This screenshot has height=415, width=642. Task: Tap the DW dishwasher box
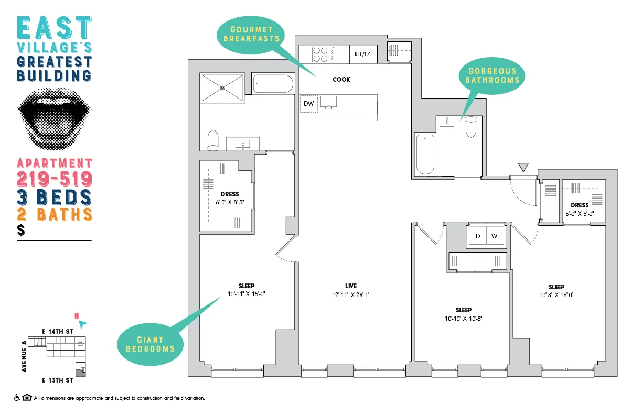pos(308,104)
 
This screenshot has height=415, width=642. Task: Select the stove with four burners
pos(324,54)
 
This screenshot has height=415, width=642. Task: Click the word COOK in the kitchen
pos(341,80)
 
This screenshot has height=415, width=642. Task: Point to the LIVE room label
pos(351,286)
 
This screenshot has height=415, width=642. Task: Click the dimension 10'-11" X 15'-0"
pos(246,294)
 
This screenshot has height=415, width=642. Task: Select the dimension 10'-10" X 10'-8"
pos(463,318)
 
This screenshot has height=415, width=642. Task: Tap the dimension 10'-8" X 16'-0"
pos(557,294)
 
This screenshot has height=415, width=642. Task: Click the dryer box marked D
pos(477,236)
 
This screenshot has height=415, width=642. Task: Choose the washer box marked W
pos(495,236)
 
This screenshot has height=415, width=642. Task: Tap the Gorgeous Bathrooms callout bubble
pos(492,75)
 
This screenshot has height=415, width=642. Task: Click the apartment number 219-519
pos(55,179)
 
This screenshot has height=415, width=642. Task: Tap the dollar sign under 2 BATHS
pos(21,230)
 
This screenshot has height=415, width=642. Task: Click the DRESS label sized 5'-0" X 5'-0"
pos(580,205)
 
